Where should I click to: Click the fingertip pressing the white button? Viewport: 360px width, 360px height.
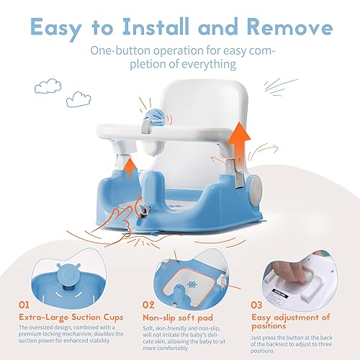pos(298,271)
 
